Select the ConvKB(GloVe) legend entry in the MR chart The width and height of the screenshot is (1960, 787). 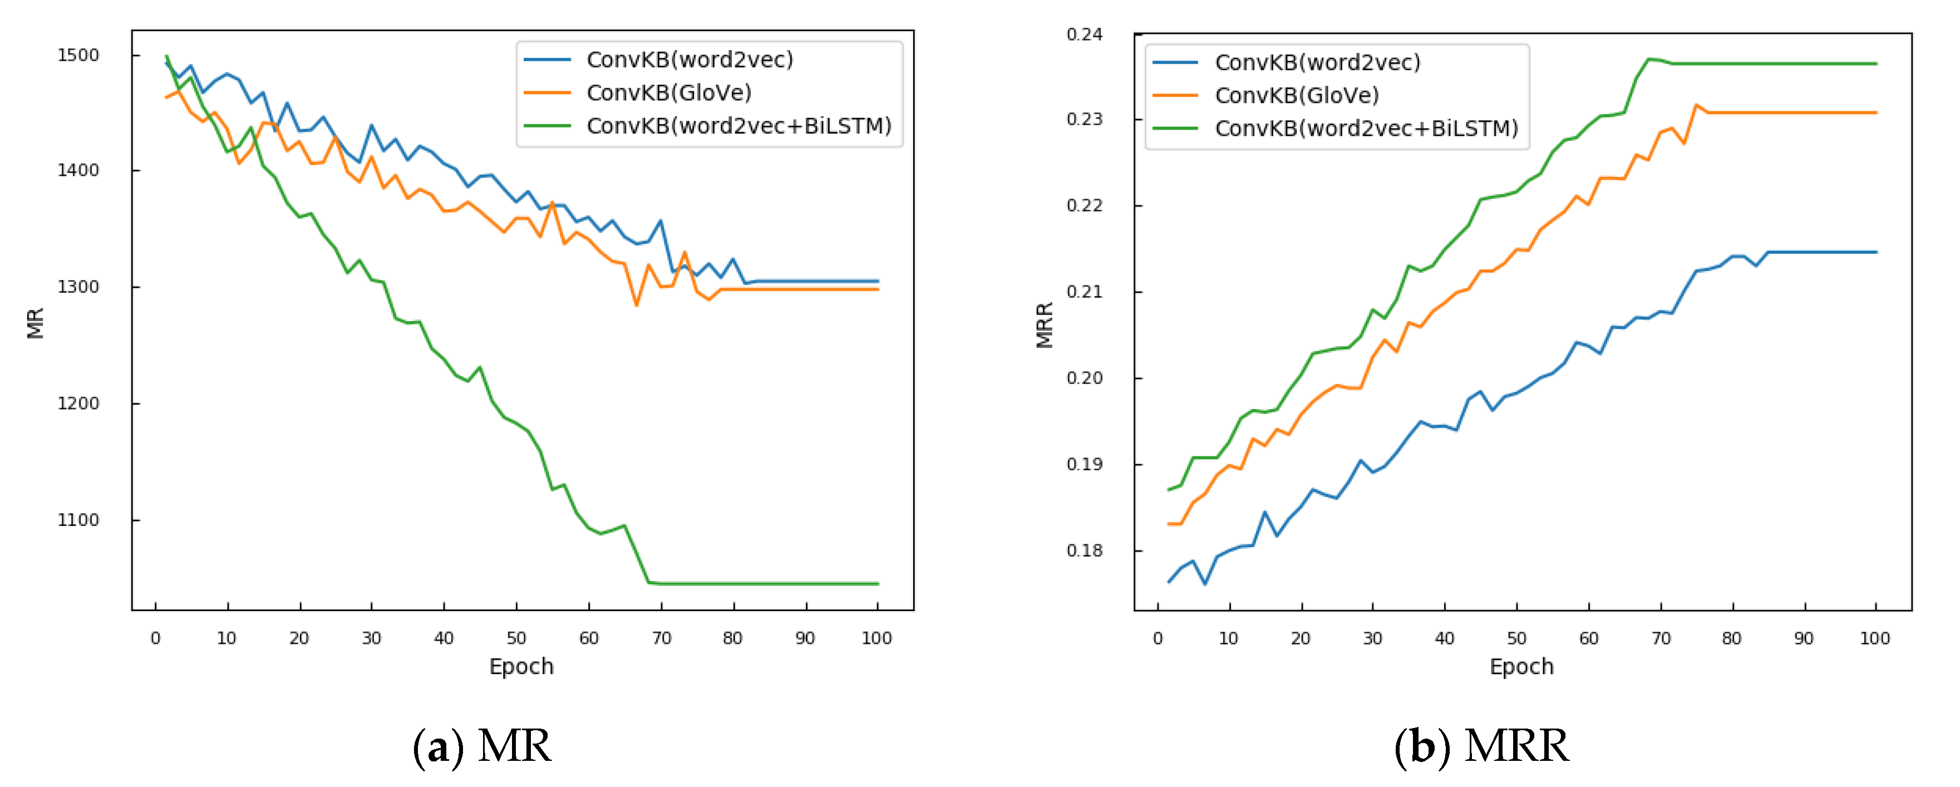click(x=668, y=93)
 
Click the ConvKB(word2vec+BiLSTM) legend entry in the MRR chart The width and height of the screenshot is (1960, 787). click(x=1366, y=129)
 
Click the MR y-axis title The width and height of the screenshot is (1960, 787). click(x=35, y=323)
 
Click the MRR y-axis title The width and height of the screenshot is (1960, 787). click(x=1045, y=325)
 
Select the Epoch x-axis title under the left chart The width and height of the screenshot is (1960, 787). click(x=521, y=667)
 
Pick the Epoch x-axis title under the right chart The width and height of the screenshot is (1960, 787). click(x=1521, y=667)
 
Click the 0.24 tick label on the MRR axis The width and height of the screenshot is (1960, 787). click(x=1084, y=35)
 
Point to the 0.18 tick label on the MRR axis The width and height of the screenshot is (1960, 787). click(x=1084, y=550)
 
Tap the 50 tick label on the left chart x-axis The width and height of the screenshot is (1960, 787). click(x=516, y=638)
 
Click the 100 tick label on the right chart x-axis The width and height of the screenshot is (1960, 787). click(x=1874, y=638)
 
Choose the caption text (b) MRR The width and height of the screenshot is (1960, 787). click(x=1481, y=746)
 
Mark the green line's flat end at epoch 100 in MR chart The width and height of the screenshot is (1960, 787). click(x=877, y=584)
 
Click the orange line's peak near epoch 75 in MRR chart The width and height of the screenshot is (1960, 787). click(x=1696, y=105)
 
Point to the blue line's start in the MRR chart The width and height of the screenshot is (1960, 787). click(x=1169, y=582)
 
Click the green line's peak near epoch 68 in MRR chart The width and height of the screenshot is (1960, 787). click(x=1648, y=58)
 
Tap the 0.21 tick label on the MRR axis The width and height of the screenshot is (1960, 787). click(x=1084, y=292)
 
